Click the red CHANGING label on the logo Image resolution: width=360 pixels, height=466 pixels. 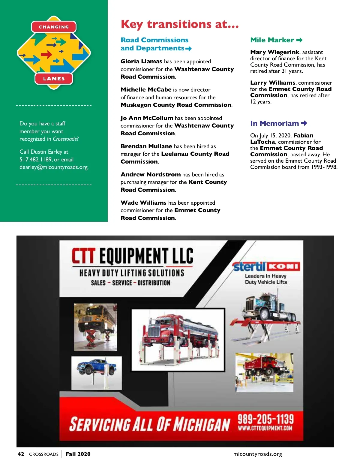point(54,27)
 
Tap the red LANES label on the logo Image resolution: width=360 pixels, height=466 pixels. point(54,79)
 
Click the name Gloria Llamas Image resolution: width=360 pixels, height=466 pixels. point(141,62)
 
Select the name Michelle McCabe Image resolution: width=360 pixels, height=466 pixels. point(146,90)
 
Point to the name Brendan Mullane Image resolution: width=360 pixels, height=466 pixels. point(146,146)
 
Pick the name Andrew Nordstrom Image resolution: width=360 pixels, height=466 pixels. point(151,175)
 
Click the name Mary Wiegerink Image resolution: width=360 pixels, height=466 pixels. point(275,52)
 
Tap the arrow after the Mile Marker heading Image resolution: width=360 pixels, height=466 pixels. point(299,40)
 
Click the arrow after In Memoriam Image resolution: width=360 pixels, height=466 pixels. point(304,123)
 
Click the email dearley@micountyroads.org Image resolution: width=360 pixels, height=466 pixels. point(54,167)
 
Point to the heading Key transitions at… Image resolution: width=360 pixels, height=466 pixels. point(180,24)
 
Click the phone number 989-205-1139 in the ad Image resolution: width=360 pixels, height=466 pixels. point(265,419)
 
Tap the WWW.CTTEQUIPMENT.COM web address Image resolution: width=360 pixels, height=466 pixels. point(265,428)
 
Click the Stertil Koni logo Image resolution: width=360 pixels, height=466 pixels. point(266,266)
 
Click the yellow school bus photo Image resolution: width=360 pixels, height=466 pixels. point(95,327)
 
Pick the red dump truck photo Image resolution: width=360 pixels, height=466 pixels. point(264,372)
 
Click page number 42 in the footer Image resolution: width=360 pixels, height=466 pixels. point(21,454)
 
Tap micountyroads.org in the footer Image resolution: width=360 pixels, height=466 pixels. point(258,454)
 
